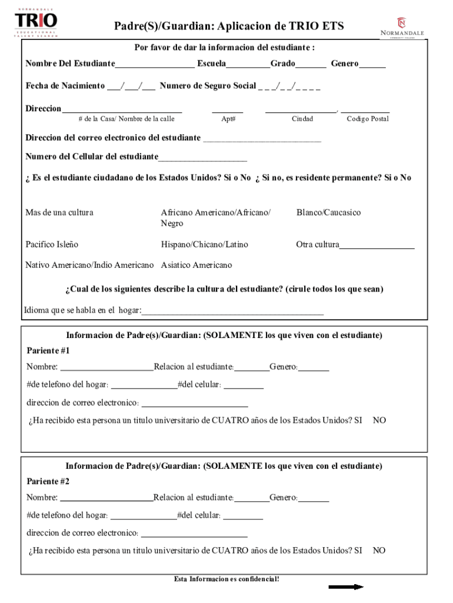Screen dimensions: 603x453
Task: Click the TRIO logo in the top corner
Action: (36, 22)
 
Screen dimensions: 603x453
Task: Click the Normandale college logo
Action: (402, 28)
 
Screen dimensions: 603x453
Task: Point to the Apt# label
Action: (228, 119)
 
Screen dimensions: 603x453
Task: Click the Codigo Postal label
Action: (367, 119)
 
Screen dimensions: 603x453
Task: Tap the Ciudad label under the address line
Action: (302, 119)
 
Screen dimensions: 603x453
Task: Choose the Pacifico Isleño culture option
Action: (52, 244)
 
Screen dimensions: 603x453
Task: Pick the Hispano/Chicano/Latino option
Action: (204, 244)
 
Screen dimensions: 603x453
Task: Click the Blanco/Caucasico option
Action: (328, 213)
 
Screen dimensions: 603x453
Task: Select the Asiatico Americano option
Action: (196, 265)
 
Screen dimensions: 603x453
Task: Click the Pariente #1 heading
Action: (48, 351)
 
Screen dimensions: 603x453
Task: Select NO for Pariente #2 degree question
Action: (379, 551)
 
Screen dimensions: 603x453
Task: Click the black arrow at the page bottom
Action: (346, 587)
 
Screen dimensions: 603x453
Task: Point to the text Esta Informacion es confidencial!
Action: (226, 579)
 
